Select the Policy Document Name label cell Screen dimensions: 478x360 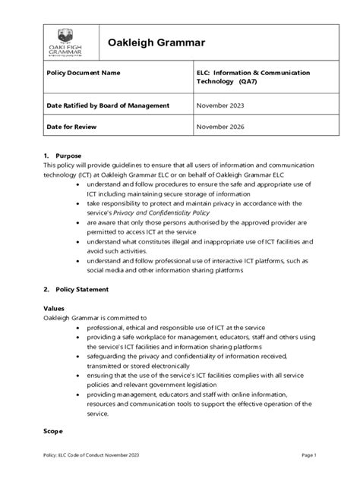pos(84,74)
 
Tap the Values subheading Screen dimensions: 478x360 pos(55,309)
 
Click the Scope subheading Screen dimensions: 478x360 pos(54,429)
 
